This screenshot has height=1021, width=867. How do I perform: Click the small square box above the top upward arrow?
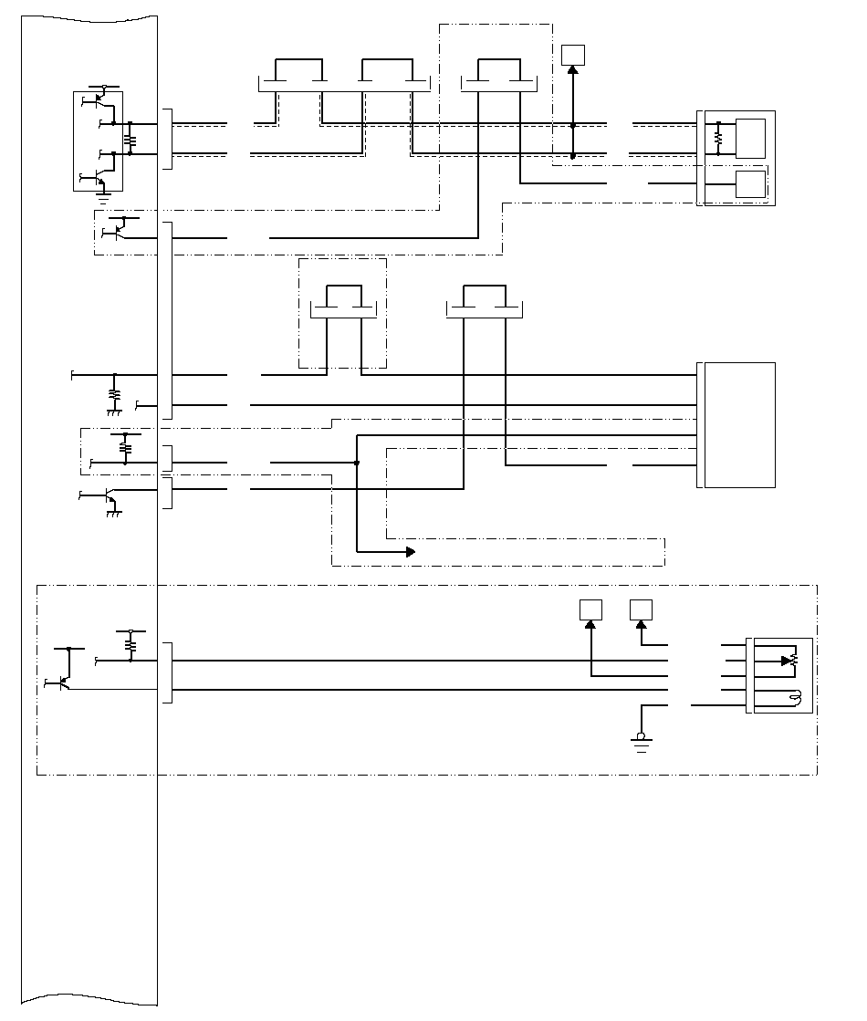pyautogui.click(x=572, y=54)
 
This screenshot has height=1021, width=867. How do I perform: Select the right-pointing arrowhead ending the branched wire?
pyautogui.click(x=410, y=551)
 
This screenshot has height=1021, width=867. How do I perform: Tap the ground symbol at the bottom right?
pyautogui.click(x=641, y=743)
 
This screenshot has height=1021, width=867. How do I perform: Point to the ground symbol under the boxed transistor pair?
pyautogui.click(x=106, y=190)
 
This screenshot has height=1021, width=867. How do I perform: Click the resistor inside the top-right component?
pyautogui.click(x=718, y=138)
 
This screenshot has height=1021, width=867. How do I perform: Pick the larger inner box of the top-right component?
pyautogui.click(x=750, y=138)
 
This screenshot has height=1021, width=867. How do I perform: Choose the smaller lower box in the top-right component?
pyautogui.click(x=750, y=184)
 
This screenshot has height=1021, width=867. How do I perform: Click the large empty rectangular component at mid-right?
pyautogui.click(x=738, y=425)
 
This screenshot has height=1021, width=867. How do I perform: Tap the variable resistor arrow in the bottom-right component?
pyautogui.click(x=787, y=661)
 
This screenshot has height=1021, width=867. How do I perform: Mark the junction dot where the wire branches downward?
pyautogui.click(x=357, y=464)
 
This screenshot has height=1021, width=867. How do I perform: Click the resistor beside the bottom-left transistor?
pyautogui.click(x=131, y=645)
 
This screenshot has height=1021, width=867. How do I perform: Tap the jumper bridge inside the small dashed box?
pyautogui.click(x=343, y=300)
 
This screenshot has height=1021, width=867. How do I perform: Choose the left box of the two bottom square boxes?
pyautogui.click(x=590, y=609)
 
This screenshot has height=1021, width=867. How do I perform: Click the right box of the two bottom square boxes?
pyautogui.click(x=641, y=609)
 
